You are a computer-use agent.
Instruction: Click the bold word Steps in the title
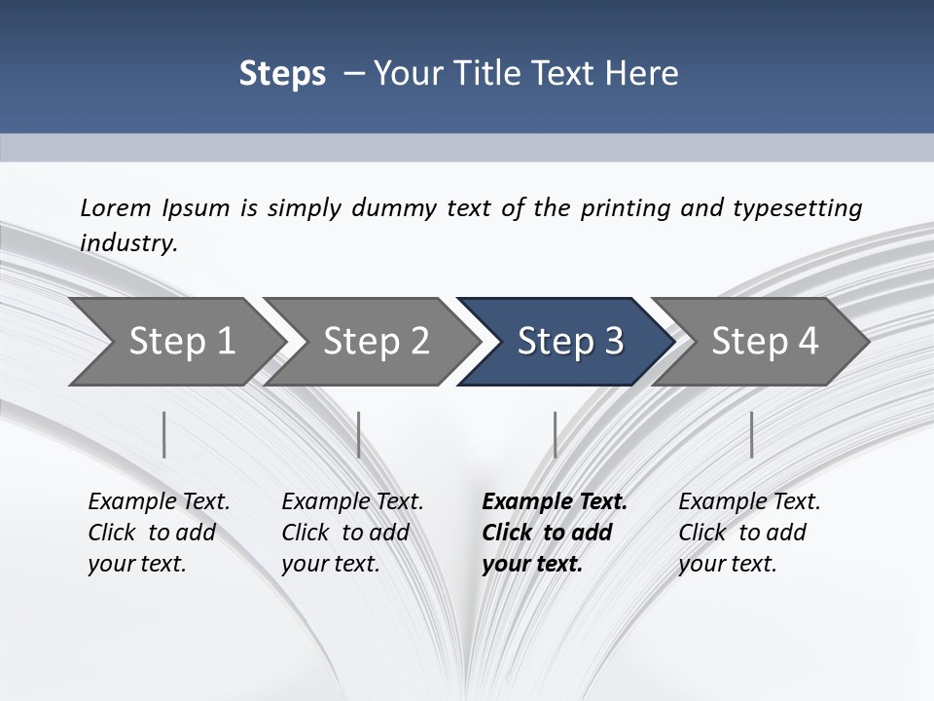tap(282, 74)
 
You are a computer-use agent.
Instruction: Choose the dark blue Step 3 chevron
tap(570, 342)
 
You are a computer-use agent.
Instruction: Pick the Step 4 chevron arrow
tap(765, 342)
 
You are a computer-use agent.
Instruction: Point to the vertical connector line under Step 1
tap(164, 434)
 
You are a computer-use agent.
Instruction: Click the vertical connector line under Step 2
tap(359, 434)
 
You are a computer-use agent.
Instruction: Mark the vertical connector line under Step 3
tap(556, 434)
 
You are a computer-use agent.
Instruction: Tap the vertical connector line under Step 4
tap(752, 434)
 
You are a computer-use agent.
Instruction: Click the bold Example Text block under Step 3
tap(554, 533)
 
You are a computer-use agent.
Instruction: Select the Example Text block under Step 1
tap(159, 533)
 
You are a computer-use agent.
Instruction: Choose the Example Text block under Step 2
tap(352, 533)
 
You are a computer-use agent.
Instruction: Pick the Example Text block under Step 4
tap(749, 533)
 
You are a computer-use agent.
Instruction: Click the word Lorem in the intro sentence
tap(115, 208)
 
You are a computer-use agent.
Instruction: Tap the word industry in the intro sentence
tap(128, 243)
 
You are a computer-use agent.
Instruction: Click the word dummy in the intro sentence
tap(408, 208)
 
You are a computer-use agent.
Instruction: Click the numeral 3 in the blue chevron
tap(613, 342)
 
